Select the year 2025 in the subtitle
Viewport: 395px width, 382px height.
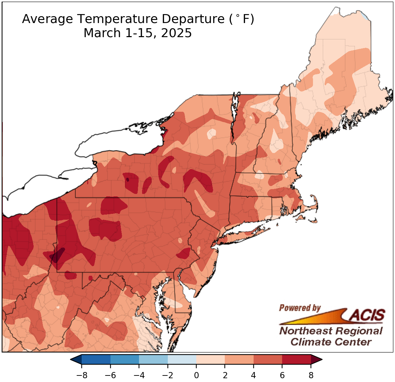[x=176, y=33]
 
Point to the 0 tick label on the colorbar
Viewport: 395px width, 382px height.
[x=196, y=375]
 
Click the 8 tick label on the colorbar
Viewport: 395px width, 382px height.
[x=311, y=375]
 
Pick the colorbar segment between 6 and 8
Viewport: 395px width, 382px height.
[x=296, y=360]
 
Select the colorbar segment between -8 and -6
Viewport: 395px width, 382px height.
[x=96, y=360]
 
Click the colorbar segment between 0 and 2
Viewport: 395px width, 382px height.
[x=210, y=360]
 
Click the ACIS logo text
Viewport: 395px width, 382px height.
[x=367, y=315]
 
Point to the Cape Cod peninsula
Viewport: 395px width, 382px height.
[x=311, y=205]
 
